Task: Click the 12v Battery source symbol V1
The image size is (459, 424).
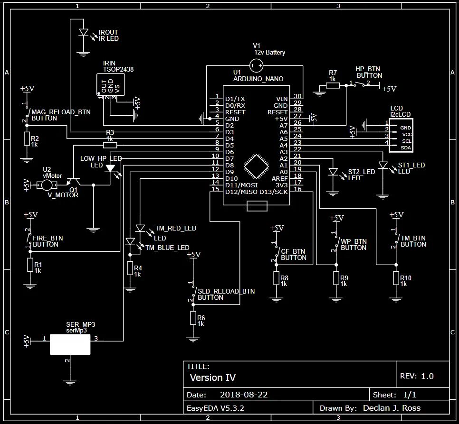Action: click(256, 65)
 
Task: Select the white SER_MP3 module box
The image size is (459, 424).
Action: click(70, 344)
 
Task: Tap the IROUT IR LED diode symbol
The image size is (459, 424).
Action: click(84, 32)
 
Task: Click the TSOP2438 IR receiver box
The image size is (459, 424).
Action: click(111, 84)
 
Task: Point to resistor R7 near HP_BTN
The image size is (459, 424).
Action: click(333, 86)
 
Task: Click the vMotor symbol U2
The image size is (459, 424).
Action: click(47, 185)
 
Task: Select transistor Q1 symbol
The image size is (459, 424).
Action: click(73, 181)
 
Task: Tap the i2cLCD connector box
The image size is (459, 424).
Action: click(401, 135)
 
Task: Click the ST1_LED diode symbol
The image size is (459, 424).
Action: click(383, 166)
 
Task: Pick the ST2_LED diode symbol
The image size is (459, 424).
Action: click(333, 172)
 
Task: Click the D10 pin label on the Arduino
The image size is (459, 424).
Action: click(231, 178)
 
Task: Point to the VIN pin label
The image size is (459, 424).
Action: click(282, 99)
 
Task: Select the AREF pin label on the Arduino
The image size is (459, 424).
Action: click(280, 178)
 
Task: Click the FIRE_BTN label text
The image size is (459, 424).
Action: click(48, 238)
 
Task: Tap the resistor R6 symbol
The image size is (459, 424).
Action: click(193, 318)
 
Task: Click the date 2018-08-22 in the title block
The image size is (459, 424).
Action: click(244, 395)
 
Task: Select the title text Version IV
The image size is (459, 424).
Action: click(213, 378)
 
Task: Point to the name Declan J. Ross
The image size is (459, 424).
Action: click(392, 408)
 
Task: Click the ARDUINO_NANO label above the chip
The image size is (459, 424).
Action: click(258, 79)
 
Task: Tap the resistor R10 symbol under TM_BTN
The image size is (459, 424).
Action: click(396, 278)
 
